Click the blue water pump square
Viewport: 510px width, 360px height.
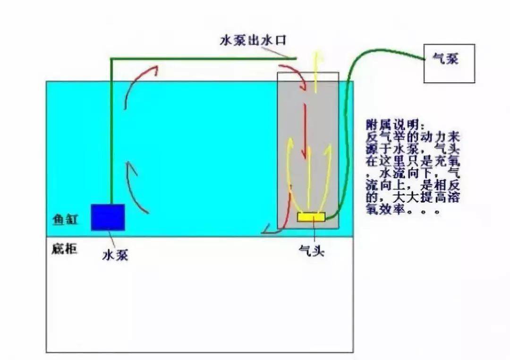pyautogui.click(x=108, y=217)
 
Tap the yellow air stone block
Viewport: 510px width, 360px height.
pyautogui.click(x=311, y=217)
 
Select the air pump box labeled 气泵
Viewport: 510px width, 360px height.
pyautogui.click(x=449, y=63)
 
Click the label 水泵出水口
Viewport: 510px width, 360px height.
pyautogui.click(x=253, y=40)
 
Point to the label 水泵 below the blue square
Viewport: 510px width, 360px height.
pyautogui.click(x=115, y=255)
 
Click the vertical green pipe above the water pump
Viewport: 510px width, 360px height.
pyautogui.click(x=111, y=132)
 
